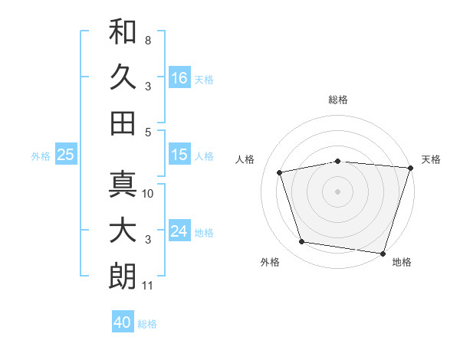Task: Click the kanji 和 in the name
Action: click(x=123, y=31)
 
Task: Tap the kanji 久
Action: click(x=123, y=77)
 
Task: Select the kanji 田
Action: click(x=123, y=123)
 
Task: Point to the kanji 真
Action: click(x=123, y=184)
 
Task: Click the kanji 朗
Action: click(x=123, y=276)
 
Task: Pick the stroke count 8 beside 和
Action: click(x=148, y=41)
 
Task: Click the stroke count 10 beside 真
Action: click(x=147, y=194)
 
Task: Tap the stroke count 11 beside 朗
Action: click(x=147, y=286)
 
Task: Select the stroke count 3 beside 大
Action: click(x=148, y=240)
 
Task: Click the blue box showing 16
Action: click(x=179, y=77)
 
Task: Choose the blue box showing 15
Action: click(x=179, y=154)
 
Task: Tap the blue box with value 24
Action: click(x=179, y=230)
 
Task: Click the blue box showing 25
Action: click(x=66, y=154)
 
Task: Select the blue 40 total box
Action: click(x=123, y=321)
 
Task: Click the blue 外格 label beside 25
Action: click(x=41, y=156)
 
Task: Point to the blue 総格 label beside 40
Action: click(x=147, y=324)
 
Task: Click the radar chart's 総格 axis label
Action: click(x=338, y=100)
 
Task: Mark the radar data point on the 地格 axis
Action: click(x=383, y=254)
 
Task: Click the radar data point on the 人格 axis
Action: click(x=280, y=172)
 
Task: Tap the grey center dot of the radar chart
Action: click(x=337, y=191)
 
